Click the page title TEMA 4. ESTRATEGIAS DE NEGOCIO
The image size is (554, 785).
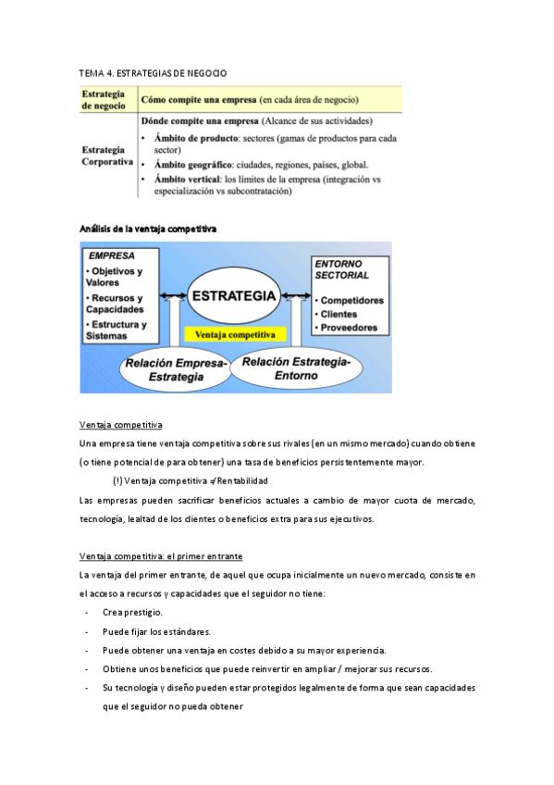click(x=154, y=72)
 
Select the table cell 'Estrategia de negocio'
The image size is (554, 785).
click(x=107, y=100)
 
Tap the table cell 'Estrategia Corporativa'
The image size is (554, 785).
click(x=107, y=156)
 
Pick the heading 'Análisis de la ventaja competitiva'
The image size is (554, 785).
click(x=149, y=228)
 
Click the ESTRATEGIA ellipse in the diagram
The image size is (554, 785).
click(x=234, y=297)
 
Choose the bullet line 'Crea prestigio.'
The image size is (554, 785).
click(x=132, y=613)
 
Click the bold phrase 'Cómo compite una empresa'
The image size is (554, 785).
click(x=198, y=100)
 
